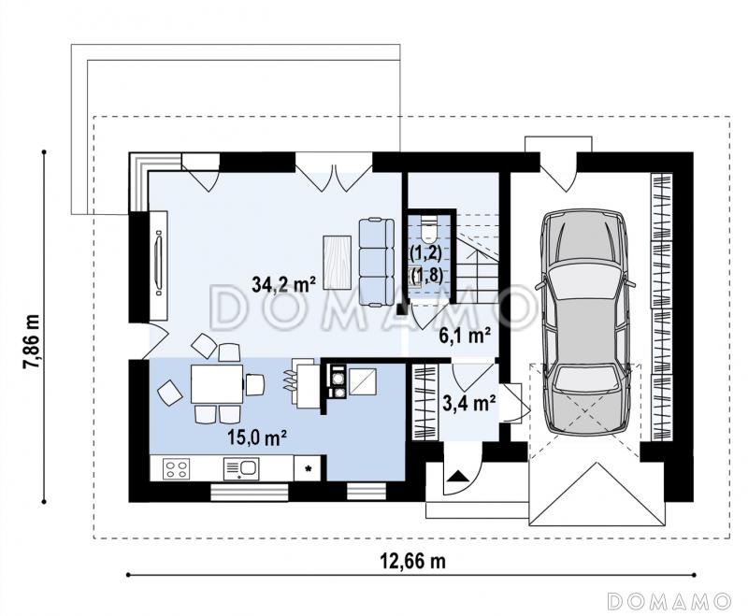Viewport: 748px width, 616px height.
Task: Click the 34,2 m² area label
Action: pos(284,285)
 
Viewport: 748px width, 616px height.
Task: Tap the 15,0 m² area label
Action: pos(257,437)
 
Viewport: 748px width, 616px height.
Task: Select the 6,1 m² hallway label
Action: pos(465,337)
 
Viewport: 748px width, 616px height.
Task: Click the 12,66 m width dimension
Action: pos(412,561)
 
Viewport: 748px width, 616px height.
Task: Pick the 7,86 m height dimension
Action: pos(33,341)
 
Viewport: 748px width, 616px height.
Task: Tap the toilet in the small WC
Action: pos(429,228)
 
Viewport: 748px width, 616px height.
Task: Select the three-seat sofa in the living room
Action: pos(377,262)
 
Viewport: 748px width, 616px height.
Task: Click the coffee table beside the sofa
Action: pos(338,263)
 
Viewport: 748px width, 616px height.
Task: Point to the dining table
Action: pos(217,384)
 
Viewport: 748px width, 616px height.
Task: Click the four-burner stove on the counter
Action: pos(177,468)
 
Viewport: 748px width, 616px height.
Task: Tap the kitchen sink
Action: pos(241,468)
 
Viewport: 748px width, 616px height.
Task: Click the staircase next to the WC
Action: pos(478,257)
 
